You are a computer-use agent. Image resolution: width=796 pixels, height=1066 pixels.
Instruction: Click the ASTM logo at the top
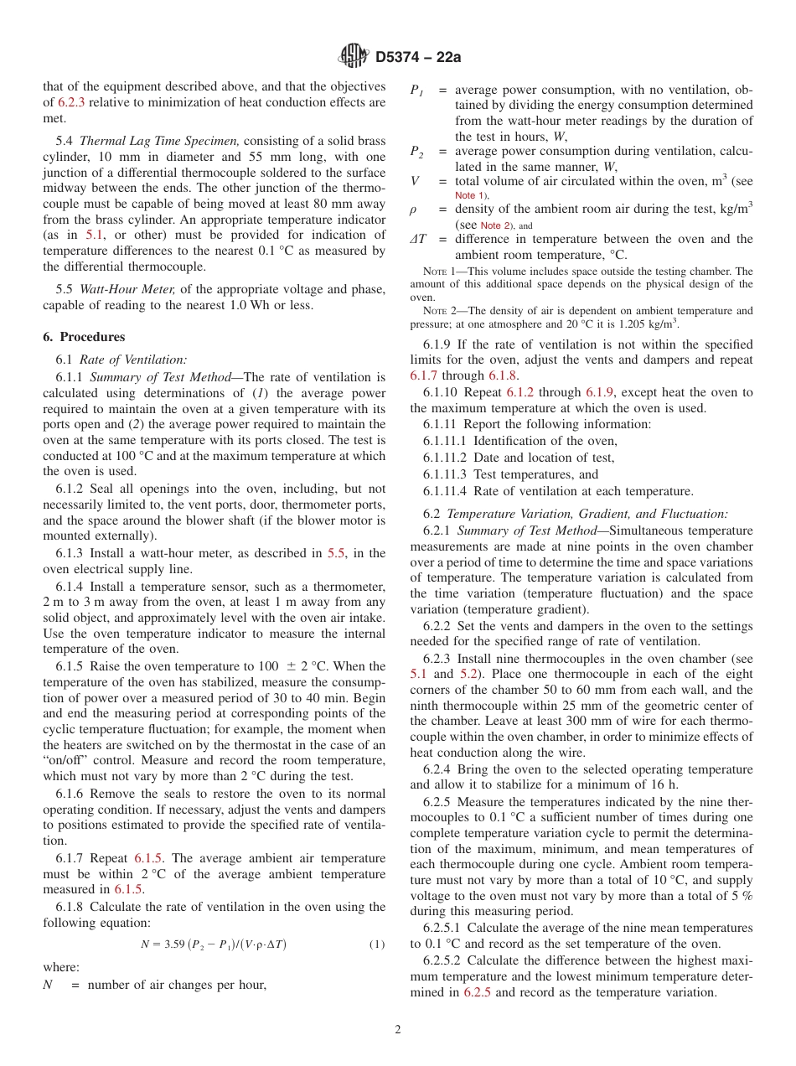[354, 56]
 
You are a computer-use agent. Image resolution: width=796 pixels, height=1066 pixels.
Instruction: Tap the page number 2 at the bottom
[398, 1030]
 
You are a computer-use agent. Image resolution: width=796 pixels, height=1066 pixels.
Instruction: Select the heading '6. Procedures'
[84, 337]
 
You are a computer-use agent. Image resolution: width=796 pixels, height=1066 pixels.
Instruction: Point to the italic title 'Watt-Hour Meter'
[127, 289]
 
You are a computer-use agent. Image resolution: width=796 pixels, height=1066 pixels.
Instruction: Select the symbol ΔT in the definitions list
[417, 240]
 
